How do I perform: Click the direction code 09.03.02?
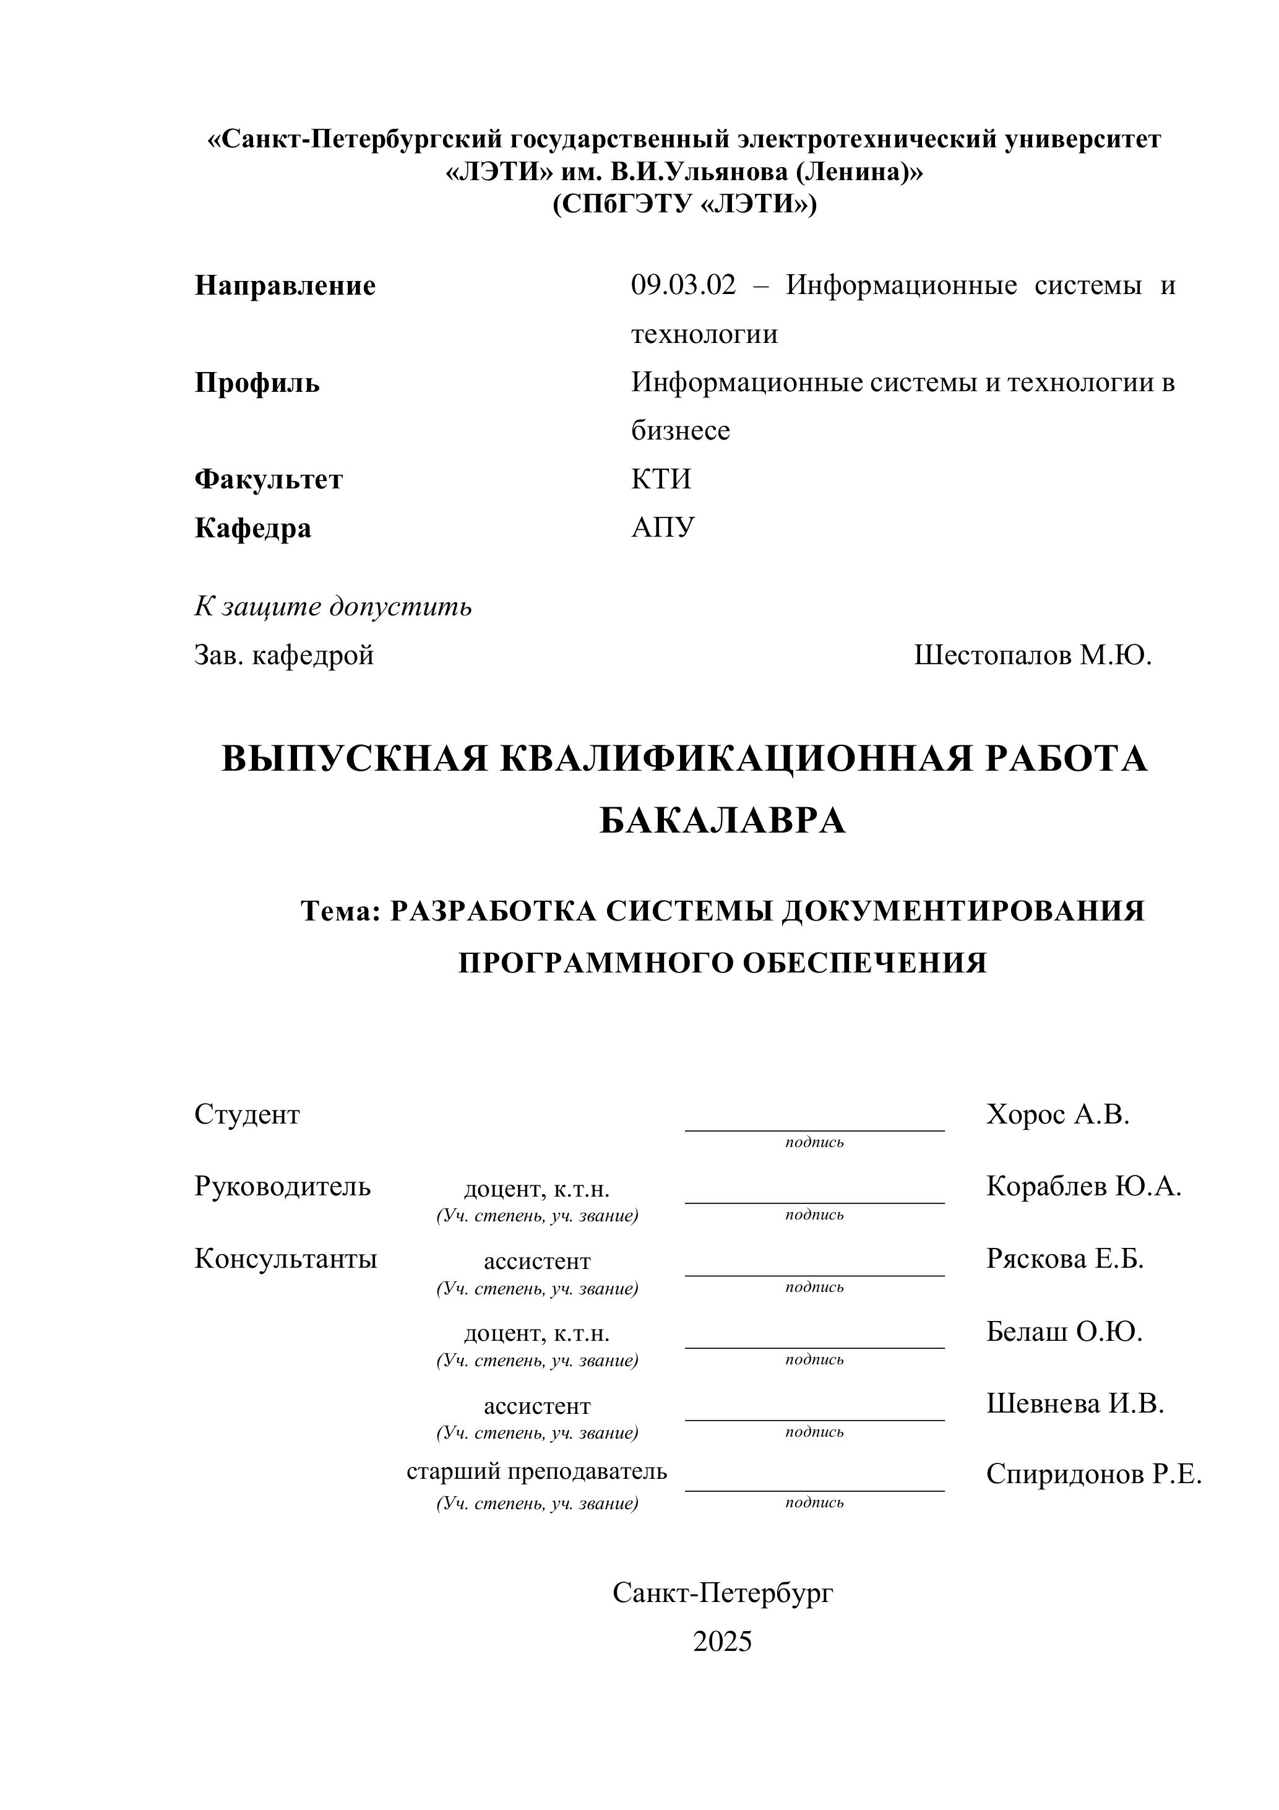tap(683, 285)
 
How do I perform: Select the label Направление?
tap(285, 285)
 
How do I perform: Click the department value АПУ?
tap(663, 527)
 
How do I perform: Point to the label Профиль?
tap(257, 383)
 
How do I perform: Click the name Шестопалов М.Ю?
tap(1032, 655)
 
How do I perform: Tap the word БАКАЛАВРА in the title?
tap(722, 821)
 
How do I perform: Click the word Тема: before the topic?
tap(340, 911)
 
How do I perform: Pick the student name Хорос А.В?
tap(1057, 1115)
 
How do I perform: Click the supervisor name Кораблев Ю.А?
tap(1083, 1187)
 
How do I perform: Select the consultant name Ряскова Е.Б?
tap(1064, 1259)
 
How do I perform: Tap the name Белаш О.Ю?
tap(1064, 1332)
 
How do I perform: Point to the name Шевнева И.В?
tap(1074, 1403)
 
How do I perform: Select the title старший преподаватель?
tap(536, 1471)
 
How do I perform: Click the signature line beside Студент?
tap(814, 1129)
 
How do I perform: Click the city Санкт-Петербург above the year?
tap(722, 1593)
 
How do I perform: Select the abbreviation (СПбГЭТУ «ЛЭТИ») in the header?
tap(684, 204)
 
